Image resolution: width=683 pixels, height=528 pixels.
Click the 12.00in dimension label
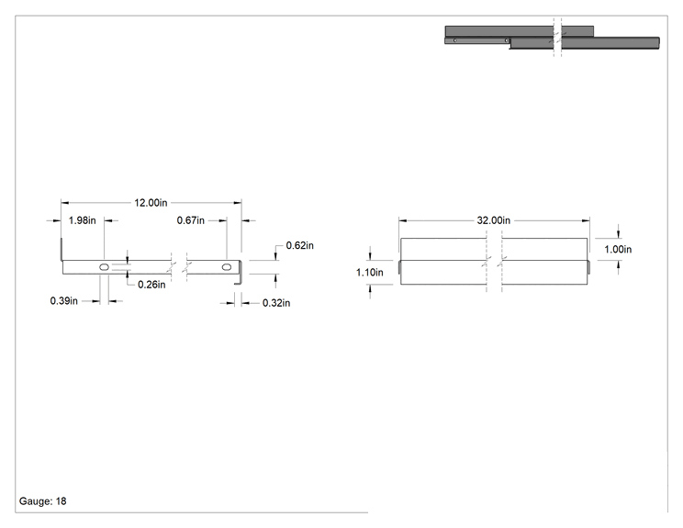[151, 203]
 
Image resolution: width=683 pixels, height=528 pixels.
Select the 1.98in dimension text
[83, 220]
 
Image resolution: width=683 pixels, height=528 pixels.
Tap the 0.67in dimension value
[190, 220]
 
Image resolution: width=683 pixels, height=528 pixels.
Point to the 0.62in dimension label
[299, 246]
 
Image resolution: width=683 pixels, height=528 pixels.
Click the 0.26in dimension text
[151, 285]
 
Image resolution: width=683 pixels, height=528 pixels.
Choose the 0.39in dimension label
[63, 301]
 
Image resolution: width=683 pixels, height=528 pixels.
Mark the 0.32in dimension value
[276, 303]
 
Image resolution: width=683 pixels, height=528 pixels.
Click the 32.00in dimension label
[494, 220]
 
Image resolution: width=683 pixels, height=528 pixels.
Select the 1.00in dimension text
[618, 249]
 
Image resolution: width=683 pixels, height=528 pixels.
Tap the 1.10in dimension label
[370, 273]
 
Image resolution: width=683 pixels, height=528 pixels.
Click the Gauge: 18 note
[42, 501]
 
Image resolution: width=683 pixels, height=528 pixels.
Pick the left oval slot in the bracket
[104, 267]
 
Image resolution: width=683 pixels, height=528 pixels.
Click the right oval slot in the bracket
[227, 267]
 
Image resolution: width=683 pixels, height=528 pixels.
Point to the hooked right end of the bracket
[240, 273]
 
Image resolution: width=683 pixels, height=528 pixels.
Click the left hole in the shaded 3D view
[455, 40]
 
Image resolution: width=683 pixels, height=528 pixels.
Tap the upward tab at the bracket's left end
[62, 249]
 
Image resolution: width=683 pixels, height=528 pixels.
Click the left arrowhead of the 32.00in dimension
[402, 221]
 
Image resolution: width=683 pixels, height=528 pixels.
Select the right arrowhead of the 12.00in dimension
[238, 203]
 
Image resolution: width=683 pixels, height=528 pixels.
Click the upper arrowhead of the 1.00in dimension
[618, 234]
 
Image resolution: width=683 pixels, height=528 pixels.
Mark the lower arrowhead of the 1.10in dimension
[370, 288]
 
